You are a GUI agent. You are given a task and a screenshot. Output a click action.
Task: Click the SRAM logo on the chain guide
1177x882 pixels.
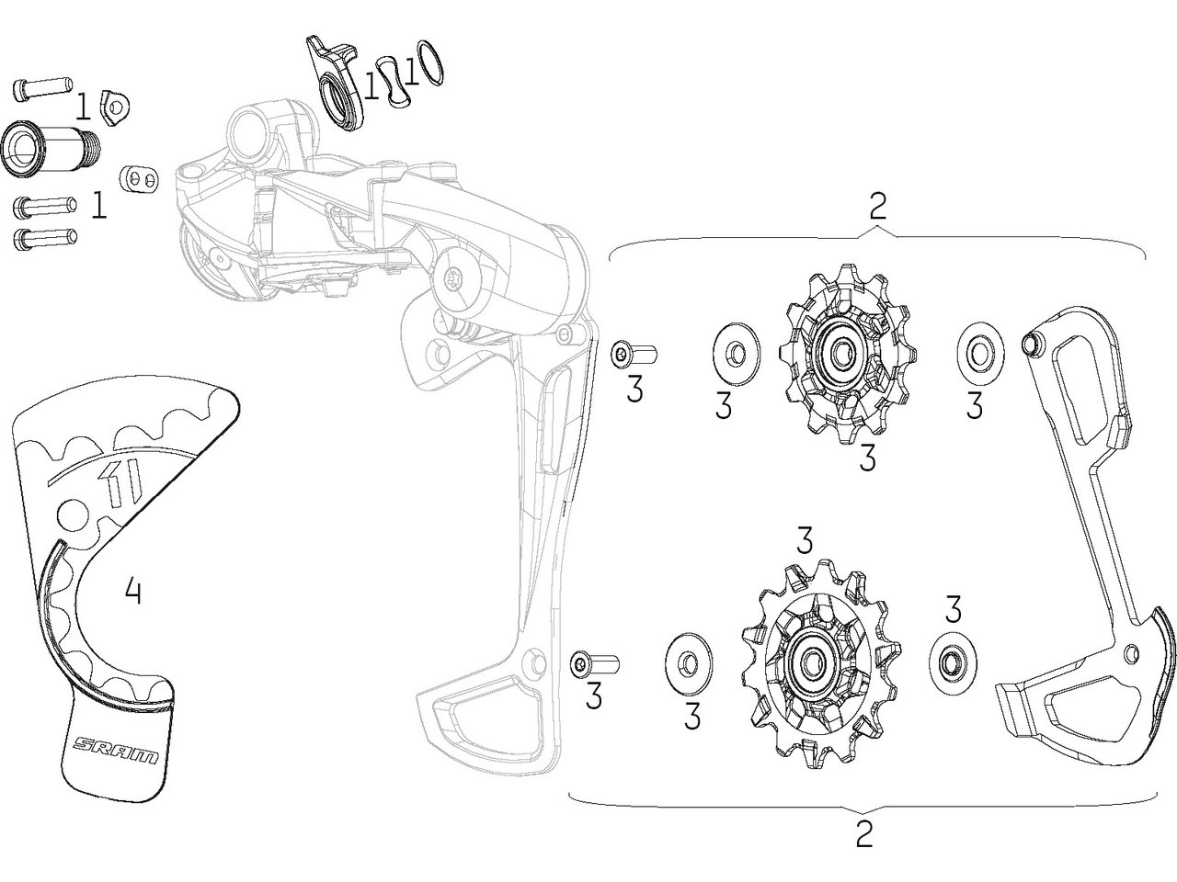[x=115, y=750]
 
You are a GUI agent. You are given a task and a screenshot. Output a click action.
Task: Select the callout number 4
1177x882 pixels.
[x=133, y=591]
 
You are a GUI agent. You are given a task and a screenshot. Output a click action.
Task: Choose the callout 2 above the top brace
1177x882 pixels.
[x=877, y=207]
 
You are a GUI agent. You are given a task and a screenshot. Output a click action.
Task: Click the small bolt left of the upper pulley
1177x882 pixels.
[x=632, y=352]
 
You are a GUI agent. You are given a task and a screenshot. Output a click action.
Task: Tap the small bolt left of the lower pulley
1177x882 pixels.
[x=594, y=663]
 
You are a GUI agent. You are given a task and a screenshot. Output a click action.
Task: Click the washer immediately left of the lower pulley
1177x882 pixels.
[x=686, y=661]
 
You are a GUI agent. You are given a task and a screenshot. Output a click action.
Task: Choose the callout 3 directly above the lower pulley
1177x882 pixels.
[x=806, y=541]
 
